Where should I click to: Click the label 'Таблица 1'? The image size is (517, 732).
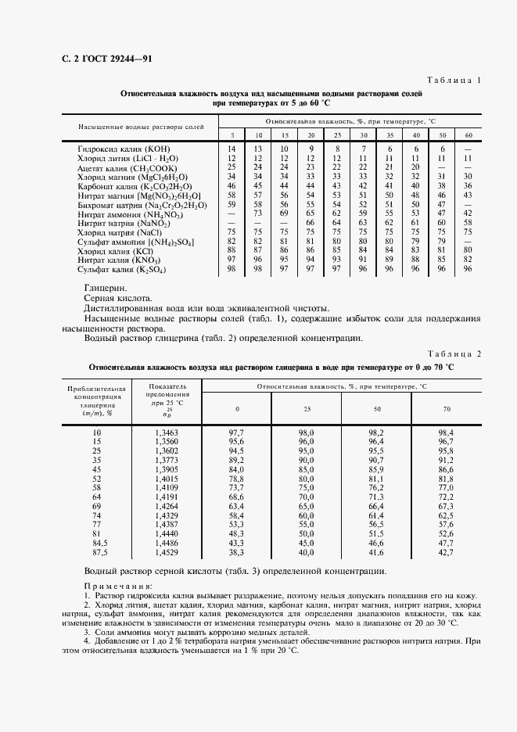pos(454,81)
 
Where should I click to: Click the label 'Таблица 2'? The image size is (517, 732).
pos(454,353)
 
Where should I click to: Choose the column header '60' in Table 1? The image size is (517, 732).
pos(468,135)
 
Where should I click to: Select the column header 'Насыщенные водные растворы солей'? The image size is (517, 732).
pos(140,126)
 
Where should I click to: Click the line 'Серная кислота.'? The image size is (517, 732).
pos(118,299)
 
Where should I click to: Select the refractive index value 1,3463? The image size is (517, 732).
pos(167,432)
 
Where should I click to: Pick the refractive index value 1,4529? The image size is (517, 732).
pos(167,553)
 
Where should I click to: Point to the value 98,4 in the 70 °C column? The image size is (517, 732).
pos(446,432)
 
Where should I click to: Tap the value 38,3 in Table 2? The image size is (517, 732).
pos(237,553)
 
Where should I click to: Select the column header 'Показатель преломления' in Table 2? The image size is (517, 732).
pos(167,396)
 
